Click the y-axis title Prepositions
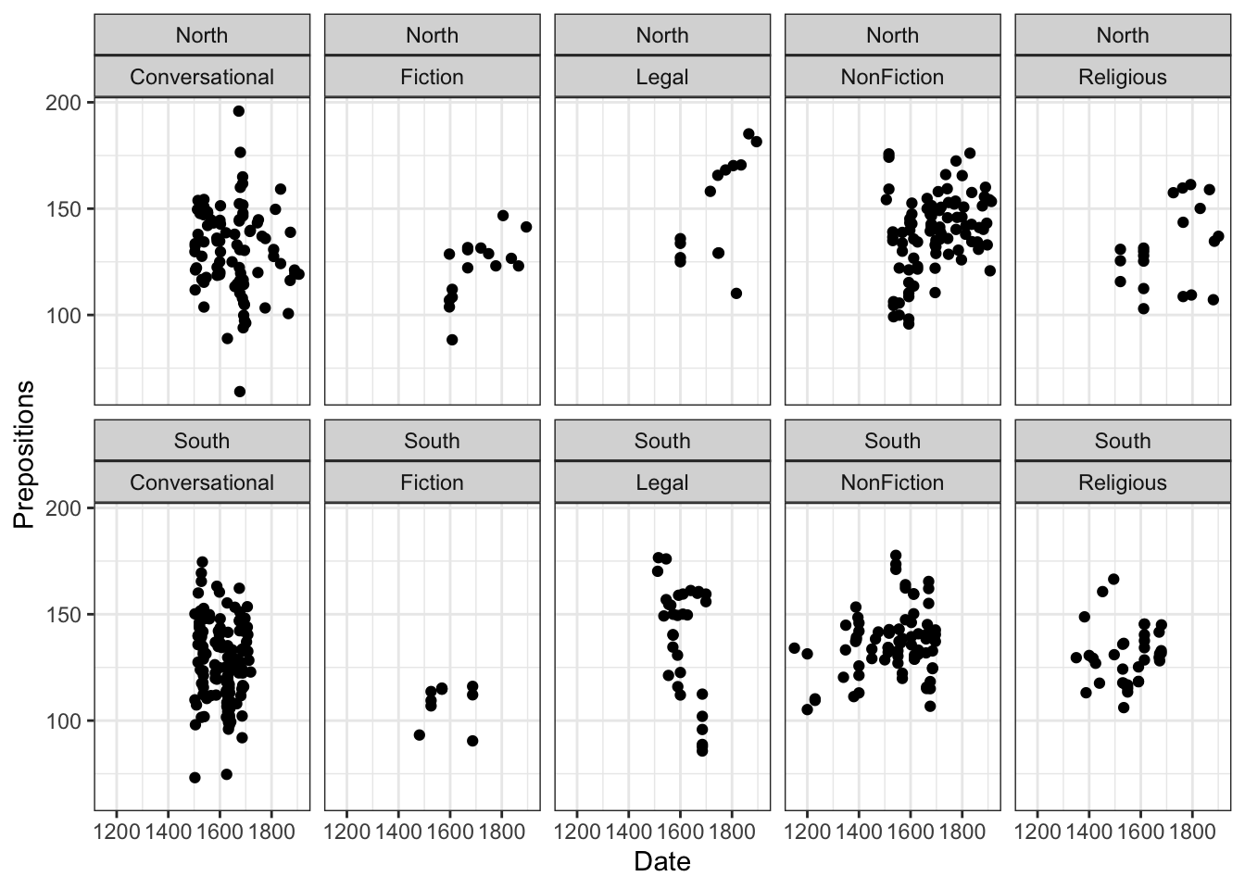click(24, 454)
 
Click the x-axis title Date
click(661, 862)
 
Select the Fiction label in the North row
click(432, 77)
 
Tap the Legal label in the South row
click(661, 482)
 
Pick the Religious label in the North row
click(1122, 77)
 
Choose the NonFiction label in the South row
click(892, 482)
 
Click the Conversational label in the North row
click(202, 77)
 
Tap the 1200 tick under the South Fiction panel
click(346, 831)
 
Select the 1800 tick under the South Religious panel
click(1192, 831)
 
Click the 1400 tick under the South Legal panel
click(628, 831)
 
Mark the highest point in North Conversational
click(238, 111)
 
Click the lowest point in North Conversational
click(239, 392)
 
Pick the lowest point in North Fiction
click(452, 340)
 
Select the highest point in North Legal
click(748, 133)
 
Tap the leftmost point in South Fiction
click(419, 735)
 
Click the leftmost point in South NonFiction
click(794, 648)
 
